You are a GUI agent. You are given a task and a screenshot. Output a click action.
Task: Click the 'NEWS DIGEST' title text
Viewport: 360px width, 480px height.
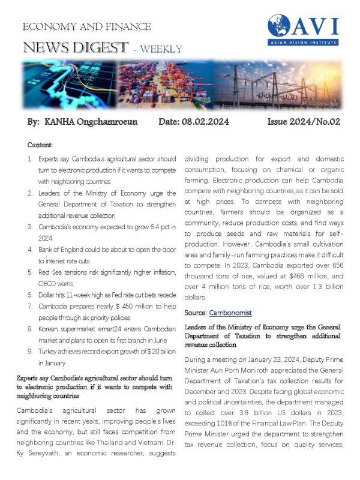tap(75, 47)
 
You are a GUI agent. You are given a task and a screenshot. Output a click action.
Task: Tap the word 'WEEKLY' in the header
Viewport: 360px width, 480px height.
tap(161, 49)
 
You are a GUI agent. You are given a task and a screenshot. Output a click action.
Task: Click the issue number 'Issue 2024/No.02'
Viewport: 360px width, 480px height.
tap(303, 122)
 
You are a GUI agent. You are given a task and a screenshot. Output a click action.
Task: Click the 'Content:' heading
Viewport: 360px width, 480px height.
tap(40, 145)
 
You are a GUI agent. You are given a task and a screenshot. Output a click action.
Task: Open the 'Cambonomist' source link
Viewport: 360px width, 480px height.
tap(230, 313)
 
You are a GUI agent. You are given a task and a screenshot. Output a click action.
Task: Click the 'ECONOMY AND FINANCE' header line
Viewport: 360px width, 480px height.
tap(86, 27)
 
